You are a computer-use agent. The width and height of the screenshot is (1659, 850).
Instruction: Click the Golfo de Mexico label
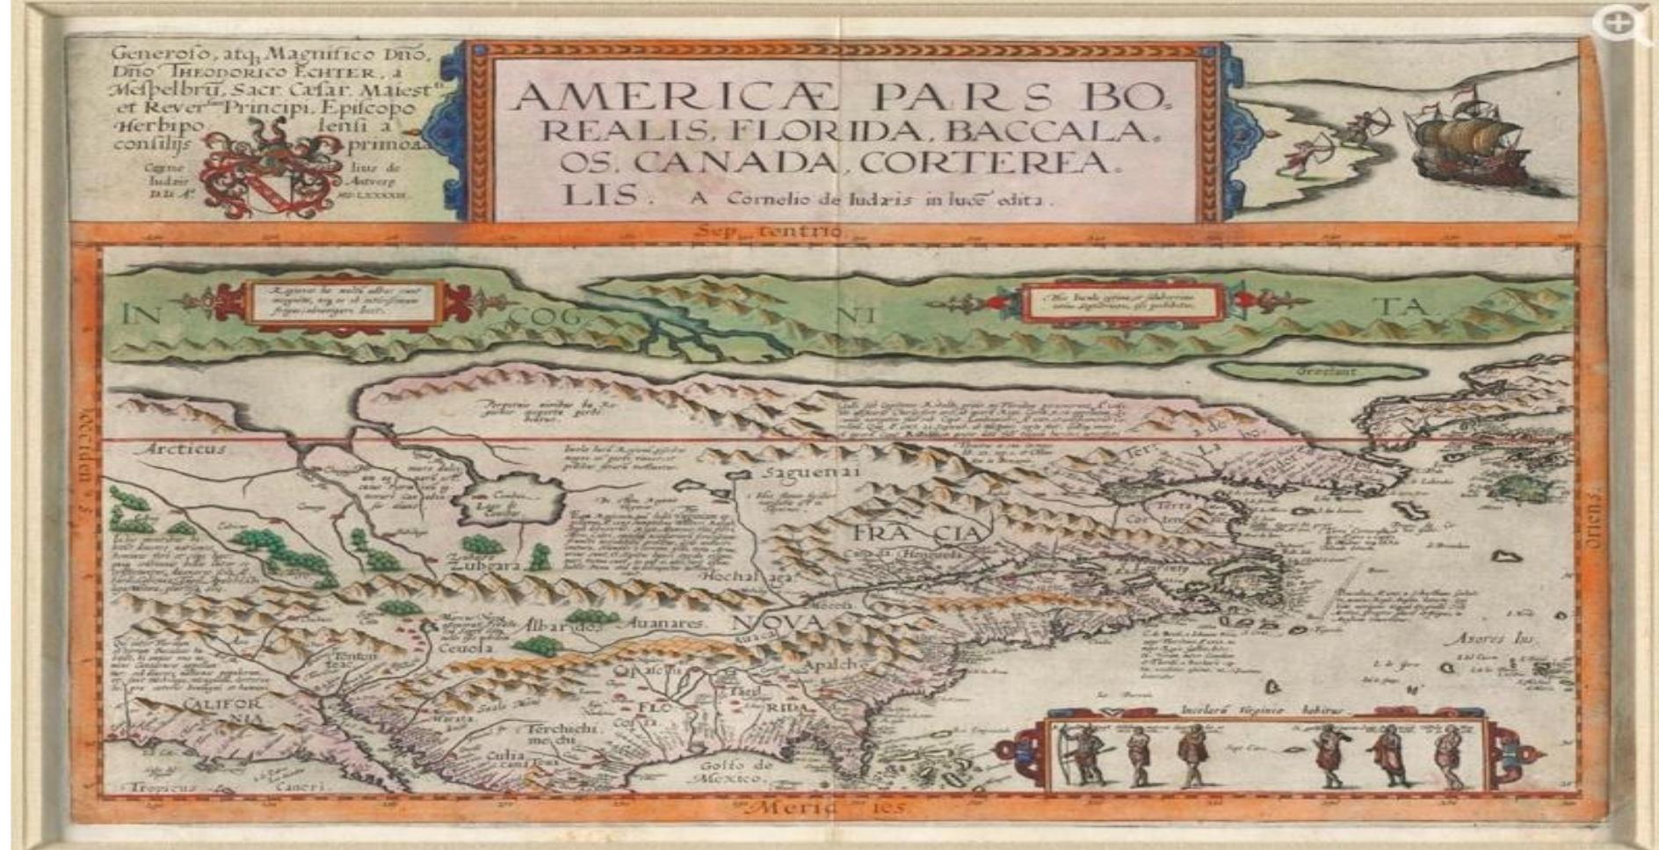coord(737,772)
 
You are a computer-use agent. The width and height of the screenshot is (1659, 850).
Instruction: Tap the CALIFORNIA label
coord(224,711)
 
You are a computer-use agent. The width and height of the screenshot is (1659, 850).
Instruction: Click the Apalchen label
coord(842,665)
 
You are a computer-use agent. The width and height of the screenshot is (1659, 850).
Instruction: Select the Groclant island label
coord(1328,372)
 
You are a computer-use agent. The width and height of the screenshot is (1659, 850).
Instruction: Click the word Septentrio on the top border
coord(769,232)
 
